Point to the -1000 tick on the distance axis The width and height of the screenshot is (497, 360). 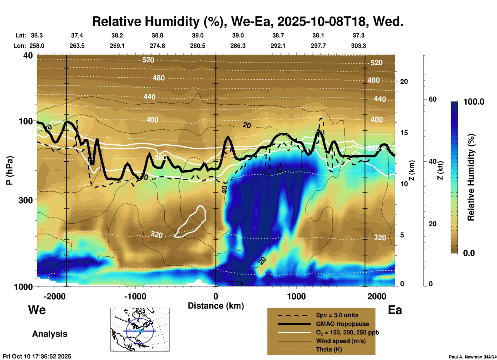135,296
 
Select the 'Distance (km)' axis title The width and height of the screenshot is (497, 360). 216,306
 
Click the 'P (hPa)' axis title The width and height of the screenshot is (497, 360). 10,170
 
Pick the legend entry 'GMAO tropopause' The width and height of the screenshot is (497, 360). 342,324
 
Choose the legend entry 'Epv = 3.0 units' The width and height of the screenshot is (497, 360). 337,315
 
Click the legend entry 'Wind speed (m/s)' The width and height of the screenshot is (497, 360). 341,341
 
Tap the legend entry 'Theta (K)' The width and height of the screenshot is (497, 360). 329,349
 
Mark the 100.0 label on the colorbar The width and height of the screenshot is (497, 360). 474,102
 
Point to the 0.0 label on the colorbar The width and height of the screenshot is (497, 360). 469,253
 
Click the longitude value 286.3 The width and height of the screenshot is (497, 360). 238,46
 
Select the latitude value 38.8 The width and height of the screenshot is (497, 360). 157,35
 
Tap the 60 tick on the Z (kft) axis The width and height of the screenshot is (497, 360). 432,99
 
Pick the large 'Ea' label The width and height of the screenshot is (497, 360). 395,310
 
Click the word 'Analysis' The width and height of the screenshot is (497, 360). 50,334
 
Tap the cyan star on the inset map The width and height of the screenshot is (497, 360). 140,331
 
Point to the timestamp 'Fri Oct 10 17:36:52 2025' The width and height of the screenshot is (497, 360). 37,356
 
